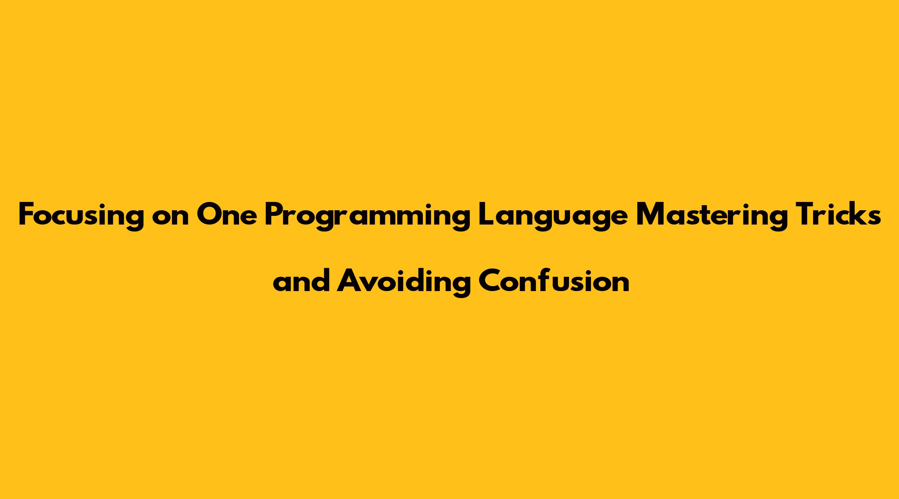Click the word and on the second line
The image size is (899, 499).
click(x=302, y=281)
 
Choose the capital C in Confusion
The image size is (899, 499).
click(x=490, y=281)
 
